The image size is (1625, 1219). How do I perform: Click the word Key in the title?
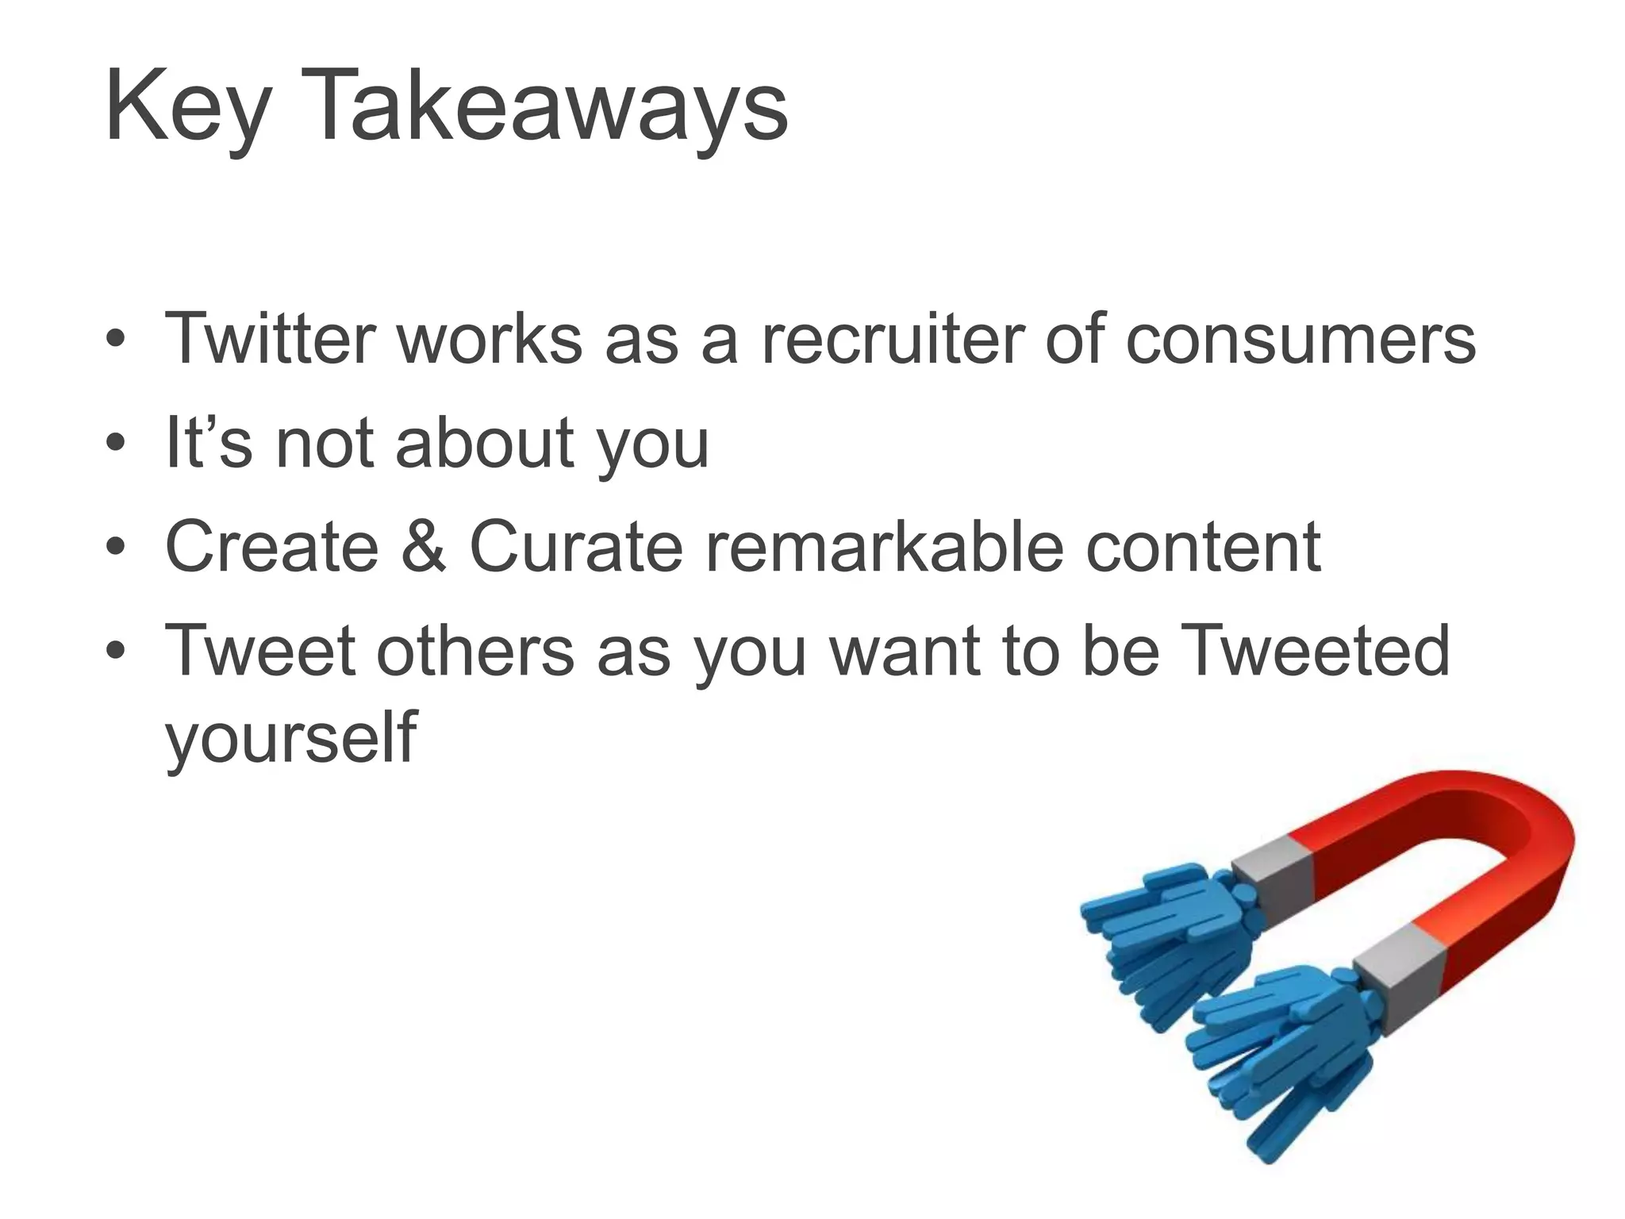point(187,107)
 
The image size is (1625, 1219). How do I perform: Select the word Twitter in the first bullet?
point(270,339)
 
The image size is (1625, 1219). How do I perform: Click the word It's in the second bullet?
point(209,443)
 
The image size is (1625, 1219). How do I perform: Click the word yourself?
point(290,738)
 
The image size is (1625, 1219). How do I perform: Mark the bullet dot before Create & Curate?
point(116,548)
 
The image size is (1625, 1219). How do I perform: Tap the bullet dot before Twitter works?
point(116,340)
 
